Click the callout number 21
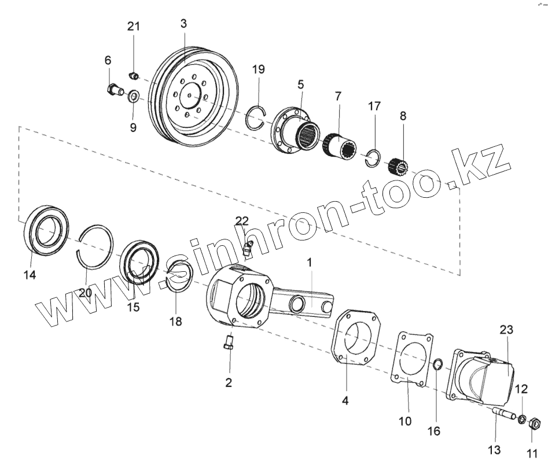click(x=134, y=27)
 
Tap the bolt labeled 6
click(x=114, y=90)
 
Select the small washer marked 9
click(x=133, y=95)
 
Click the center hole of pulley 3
click(x=191, y=92)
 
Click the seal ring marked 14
click(x=45, y=231)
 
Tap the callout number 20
click(x=85, y=293)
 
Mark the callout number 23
click(x=507, y=330)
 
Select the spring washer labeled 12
click(x=521, y=419)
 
